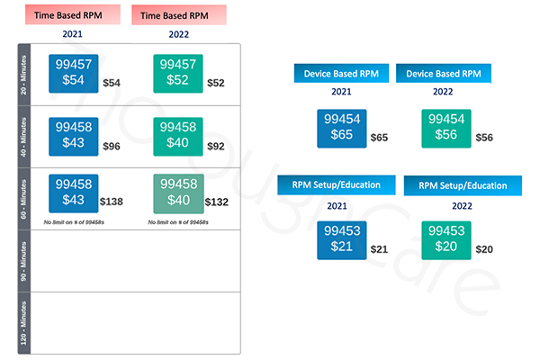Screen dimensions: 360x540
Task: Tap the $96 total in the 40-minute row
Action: coord(112,146)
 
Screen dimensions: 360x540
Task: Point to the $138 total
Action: coord(112,202)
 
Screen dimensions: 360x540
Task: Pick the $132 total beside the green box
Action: coord(216,202)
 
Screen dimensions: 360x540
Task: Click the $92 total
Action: coord(215,146)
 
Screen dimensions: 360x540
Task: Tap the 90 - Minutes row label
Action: coord(24,260)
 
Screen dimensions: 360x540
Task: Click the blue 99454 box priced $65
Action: coord(341,128)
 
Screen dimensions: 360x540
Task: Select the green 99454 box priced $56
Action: coord(446,128)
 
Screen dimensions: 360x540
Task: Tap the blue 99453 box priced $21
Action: coord(341,238)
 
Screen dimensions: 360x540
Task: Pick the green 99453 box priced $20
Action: coord(446,238)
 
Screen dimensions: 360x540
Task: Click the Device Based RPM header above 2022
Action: coord(444,73)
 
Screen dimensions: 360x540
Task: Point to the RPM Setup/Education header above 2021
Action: coord(336,184)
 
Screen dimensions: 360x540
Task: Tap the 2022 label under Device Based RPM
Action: coord(444,92)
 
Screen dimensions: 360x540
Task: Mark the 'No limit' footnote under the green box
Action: coord(177,220)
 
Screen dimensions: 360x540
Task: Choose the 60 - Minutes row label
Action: coord(24,198)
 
